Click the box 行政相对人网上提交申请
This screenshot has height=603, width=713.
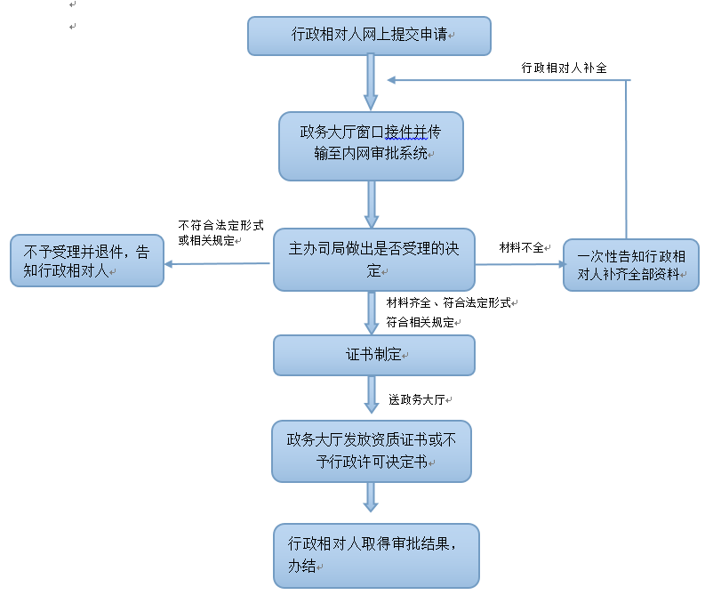[x=368, y=36]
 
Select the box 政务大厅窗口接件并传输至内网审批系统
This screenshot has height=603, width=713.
[x=371, y=146]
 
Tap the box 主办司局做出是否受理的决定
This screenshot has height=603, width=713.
[x=373, y=260]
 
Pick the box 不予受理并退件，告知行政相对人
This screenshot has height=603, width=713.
[x=87, y=261]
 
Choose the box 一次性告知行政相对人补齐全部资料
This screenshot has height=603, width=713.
[x=630, y=265]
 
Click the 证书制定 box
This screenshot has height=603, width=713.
[x=373, y=355]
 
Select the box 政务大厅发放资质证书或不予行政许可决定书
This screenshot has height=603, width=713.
[x=371, y=451]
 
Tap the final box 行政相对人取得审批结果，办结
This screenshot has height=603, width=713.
[x=376, y=556]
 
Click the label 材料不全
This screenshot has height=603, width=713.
[x=522, y=248]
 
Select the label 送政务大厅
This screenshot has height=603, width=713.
[x=415, y=399]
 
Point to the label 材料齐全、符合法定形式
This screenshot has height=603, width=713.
[x=449, y=303]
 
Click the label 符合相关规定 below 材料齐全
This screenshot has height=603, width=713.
[x=420, y=322]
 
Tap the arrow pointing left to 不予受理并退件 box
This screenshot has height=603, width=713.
[x=218, y=263]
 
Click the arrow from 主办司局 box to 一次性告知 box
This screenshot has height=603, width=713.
[x=520, y=264]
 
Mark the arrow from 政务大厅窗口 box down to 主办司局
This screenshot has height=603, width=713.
[x=371, y=205]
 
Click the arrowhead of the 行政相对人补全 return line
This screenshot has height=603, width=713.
[x=392, y=81]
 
